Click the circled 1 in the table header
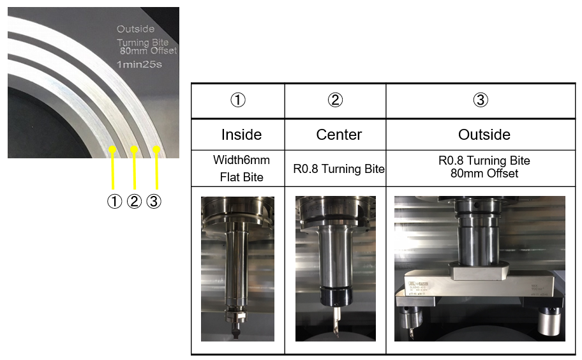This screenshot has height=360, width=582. [x=237, y=100]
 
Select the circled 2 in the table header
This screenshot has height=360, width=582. [x=335, y=100]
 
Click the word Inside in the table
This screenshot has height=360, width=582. [x=241, y=135]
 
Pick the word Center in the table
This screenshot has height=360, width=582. [x=339, y=135]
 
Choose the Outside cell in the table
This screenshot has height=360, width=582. [x=484, y=135]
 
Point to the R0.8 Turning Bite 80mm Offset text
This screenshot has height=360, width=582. [x=484, y=167]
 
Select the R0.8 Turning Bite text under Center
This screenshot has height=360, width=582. [x=339, y=169]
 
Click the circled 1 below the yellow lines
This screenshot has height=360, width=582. [x=114, y=202]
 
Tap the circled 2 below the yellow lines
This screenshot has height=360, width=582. [x=133, y=202]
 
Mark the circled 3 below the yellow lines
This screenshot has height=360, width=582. [x=154, y=202]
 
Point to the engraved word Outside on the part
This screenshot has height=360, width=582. [x=135, y=29]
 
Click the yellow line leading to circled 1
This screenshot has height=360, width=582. [x=113, y=170]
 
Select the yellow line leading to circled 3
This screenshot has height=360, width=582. [x=156, y=170]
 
